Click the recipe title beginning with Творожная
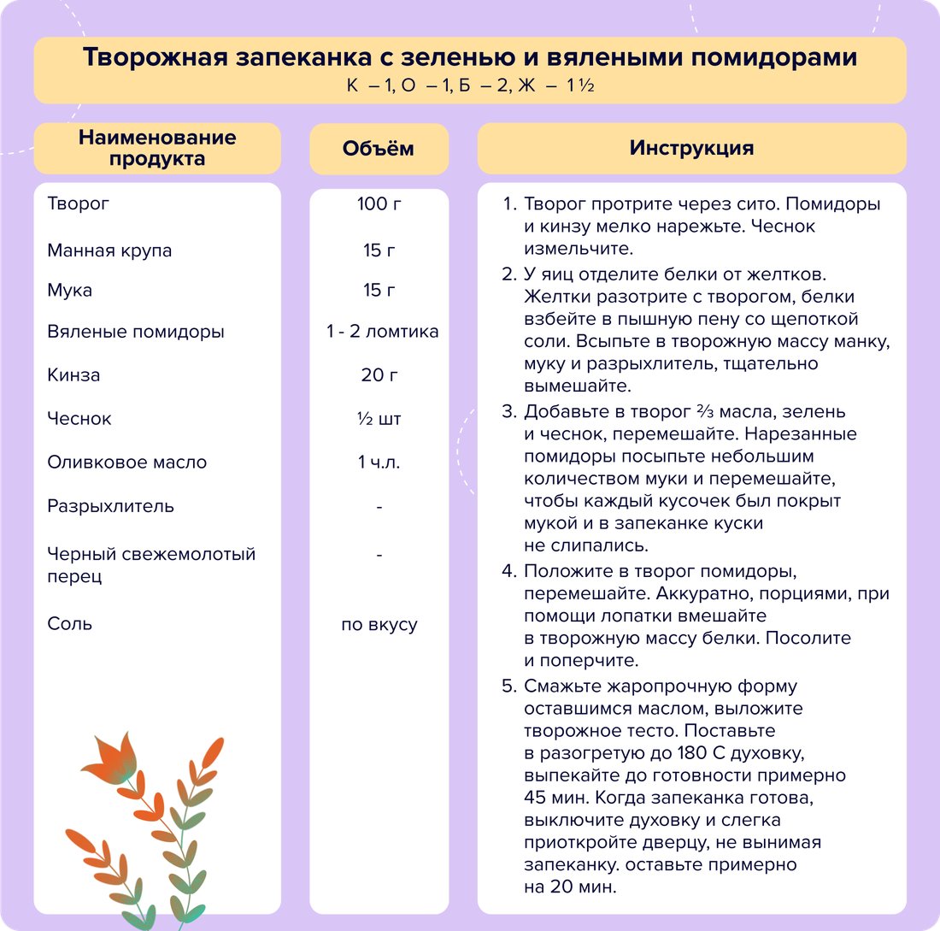tap(469, 58)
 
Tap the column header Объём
tap(378, 148)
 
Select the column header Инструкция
tap(691, 148)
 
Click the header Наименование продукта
tap(157, 148)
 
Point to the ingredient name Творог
tap(79, 204)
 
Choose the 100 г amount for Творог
tap(379, 204)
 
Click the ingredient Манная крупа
tap(109, 250)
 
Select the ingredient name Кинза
tap(73, 375)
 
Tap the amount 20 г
tap(379, 375)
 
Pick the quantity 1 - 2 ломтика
tap(382, 332)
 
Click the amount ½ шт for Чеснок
tap(379, 419)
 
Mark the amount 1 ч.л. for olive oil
tap(379, 463)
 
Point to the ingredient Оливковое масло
tap(126, 463)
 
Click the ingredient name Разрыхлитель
tap(111, 506)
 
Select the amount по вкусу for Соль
tap(379, 624)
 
